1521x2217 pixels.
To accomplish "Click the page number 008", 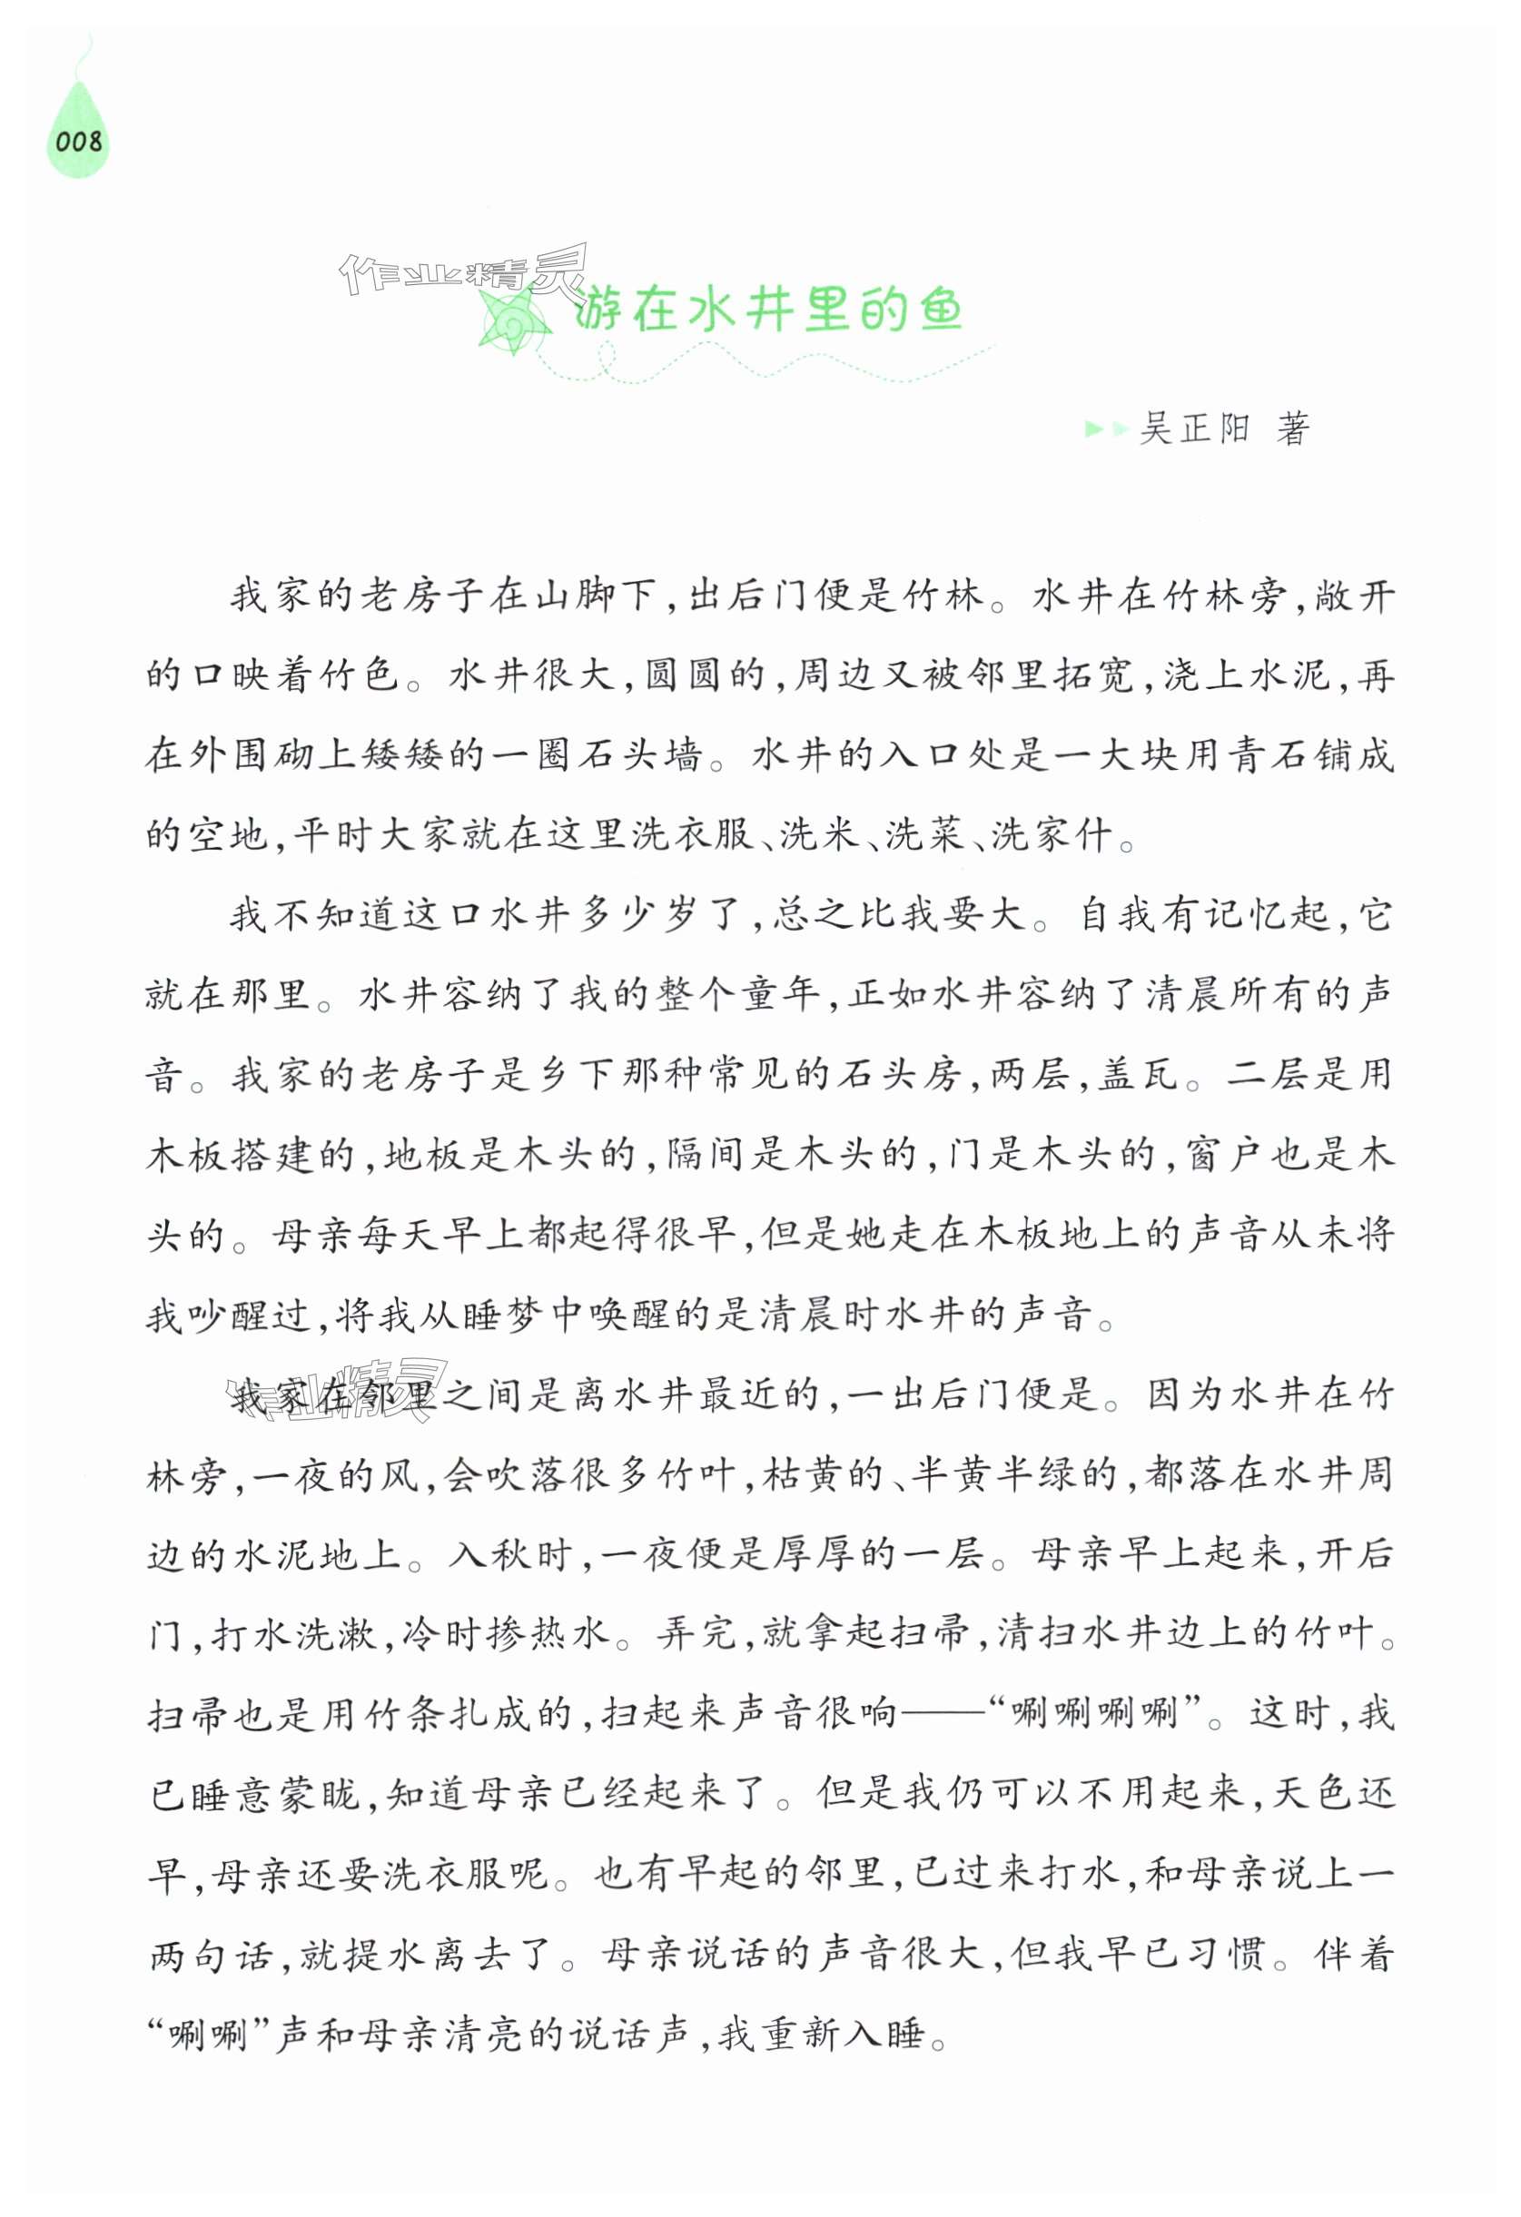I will [x=78, y=143].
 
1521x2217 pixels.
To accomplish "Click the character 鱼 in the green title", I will [x=941, y=310].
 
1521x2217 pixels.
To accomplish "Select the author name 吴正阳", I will [x=1194, y=429].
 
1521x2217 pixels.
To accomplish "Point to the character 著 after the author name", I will [x=1293, y=429].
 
